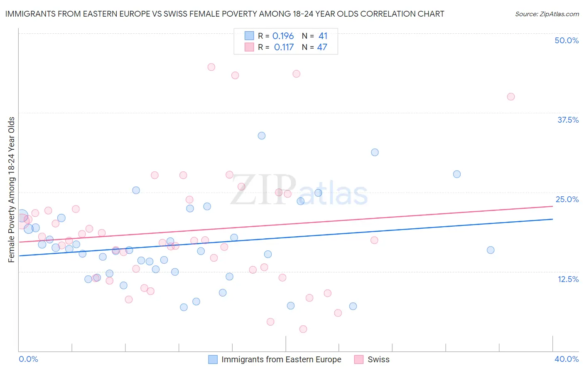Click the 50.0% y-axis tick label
click(567, 40)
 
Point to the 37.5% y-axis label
click(568, 120)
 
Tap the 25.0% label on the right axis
click(567, 199)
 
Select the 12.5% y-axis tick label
click(568, 279)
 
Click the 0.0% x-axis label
click(29, 359)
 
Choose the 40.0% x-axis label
click(567, 359)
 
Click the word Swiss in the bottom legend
click(378, 359)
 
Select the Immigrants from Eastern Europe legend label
click(281, 359)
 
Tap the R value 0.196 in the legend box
click(283, 36)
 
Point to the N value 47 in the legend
click(322, 47)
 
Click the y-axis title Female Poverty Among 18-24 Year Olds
click(12, 190)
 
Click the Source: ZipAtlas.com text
click(547, 14)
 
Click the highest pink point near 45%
click(211, 67)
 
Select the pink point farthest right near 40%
click(511, 96)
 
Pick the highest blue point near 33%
click(262, 136)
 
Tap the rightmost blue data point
click(491, 250)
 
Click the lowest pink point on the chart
click(303, 329)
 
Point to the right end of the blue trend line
click(552, 219)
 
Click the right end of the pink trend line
click(552, 206)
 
